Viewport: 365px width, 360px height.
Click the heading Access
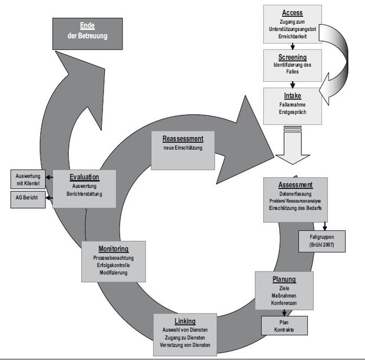coord(293,13)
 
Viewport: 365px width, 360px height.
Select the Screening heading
coord(293,57)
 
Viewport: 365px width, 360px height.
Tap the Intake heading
coord(293,95)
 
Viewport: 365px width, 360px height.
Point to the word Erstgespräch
coord(293,112)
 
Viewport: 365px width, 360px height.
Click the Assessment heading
coord(296,185)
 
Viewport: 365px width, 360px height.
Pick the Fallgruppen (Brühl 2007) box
coord(322,241)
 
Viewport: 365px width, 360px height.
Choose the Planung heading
coord(284,279)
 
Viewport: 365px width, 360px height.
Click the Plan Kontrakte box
coord(284,325)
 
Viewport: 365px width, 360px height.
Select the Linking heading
coord(185,321)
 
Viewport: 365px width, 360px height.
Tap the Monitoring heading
coord(114,249)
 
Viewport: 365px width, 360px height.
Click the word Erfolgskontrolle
coord(114,265)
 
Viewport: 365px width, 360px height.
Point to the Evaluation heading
coord(85,177)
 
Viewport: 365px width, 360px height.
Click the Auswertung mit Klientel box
coord(28,179)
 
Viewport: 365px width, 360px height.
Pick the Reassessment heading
coord(183,138)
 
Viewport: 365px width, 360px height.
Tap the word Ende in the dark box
coord(87,25)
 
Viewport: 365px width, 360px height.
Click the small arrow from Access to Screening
coord(293,46)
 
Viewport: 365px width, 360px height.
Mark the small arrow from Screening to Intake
coord(293,85)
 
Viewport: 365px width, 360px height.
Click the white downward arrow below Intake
coord(293,146)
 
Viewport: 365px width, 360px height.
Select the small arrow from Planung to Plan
coord(284,313)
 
